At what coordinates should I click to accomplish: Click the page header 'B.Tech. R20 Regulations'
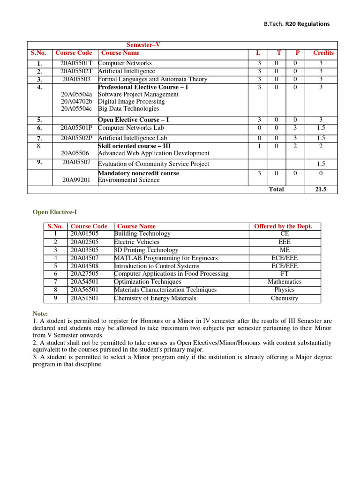pos(296,24)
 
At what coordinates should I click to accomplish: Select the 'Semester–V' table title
pos(143,45)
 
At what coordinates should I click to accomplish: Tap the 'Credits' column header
pos(323,53)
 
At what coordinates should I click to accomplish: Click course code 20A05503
pos(76,79)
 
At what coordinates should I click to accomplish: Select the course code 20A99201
pos(76,180)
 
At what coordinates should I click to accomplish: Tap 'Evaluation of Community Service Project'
pos(153,164)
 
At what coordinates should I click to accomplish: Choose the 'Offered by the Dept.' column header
pos(283,226)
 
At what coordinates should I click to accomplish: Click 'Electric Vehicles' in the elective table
pos(136,242)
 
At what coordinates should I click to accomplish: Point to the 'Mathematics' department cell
pos(285,282)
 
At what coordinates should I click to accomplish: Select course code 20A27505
pos(84,274)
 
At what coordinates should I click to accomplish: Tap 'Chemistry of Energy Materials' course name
pos(155,298)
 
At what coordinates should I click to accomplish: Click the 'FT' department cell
pos(285,274)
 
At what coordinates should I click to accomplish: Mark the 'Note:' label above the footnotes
pos(40,313)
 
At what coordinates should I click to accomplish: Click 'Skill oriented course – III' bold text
pos(134,146)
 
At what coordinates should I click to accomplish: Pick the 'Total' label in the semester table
pos(276,189)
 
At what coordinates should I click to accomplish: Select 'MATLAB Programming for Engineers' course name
pos(166,258)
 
